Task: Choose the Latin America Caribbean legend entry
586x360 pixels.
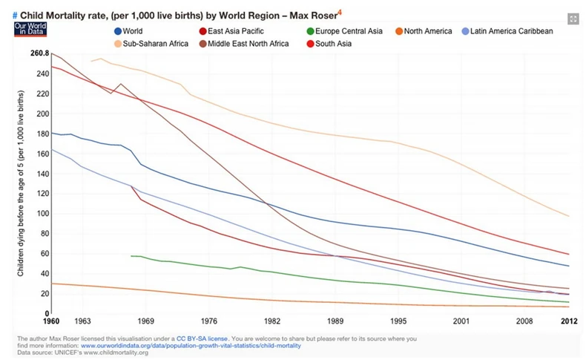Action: click(513, 31)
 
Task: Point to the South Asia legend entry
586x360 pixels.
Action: click(343, 44)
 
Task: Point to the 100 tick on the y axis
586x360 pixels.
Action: click(42, 214)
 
